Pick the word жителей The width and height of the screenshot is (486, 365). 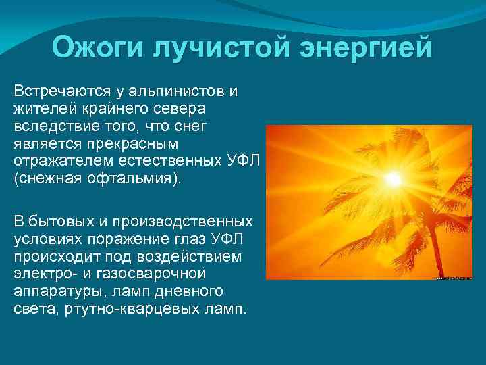[x=39, y=109]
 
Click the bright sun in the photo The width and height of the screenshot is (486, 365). [x=392, y=178]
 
